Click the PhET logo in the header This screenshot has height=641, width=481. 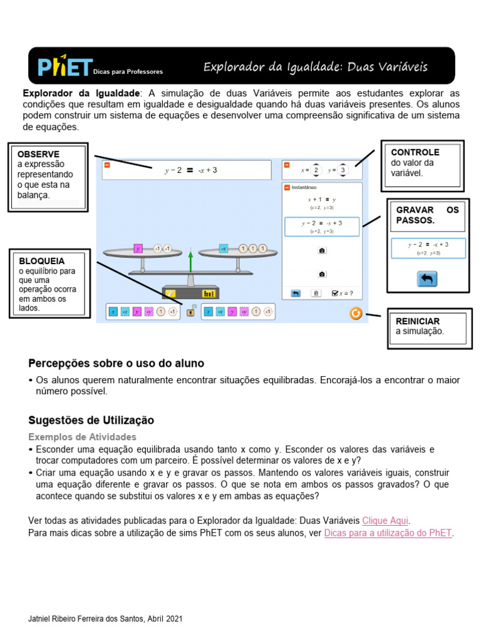point(65,67)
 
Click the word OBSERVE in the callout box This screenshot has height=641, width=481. point(39,154)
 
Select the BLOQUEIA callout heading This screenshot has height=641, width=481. point(42,261)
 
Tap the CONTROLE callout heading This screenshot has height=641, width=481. point(415,152)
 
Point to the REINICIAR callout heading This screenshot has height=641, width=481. point(417,321)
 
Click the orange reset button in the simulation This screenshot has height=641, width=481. point(356,313)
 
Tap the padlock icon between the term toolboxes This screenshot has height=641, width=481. point(191,311)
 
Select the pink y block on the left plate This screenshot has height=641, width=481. point(138,249)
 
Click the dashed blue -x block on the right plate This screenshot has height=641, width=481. point(223,249)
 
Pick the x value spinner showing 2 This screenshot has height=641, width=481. point(316,170)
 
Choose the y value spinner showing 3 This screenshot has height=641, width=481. point(343,170)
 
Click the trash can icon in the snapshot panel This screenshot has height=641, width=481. point(316,292)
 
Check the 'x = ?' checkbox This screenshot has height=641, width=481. point(336,292)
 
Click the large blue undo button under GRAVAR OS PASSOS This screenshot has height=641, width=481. point(427,279)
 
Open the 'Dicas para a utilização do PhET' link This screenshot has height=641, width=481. point(388,533)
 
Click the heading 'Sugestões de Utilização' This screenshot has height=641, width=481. point(91,420)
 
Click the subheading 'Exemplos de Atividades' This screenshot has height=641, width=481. point(83,437)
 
